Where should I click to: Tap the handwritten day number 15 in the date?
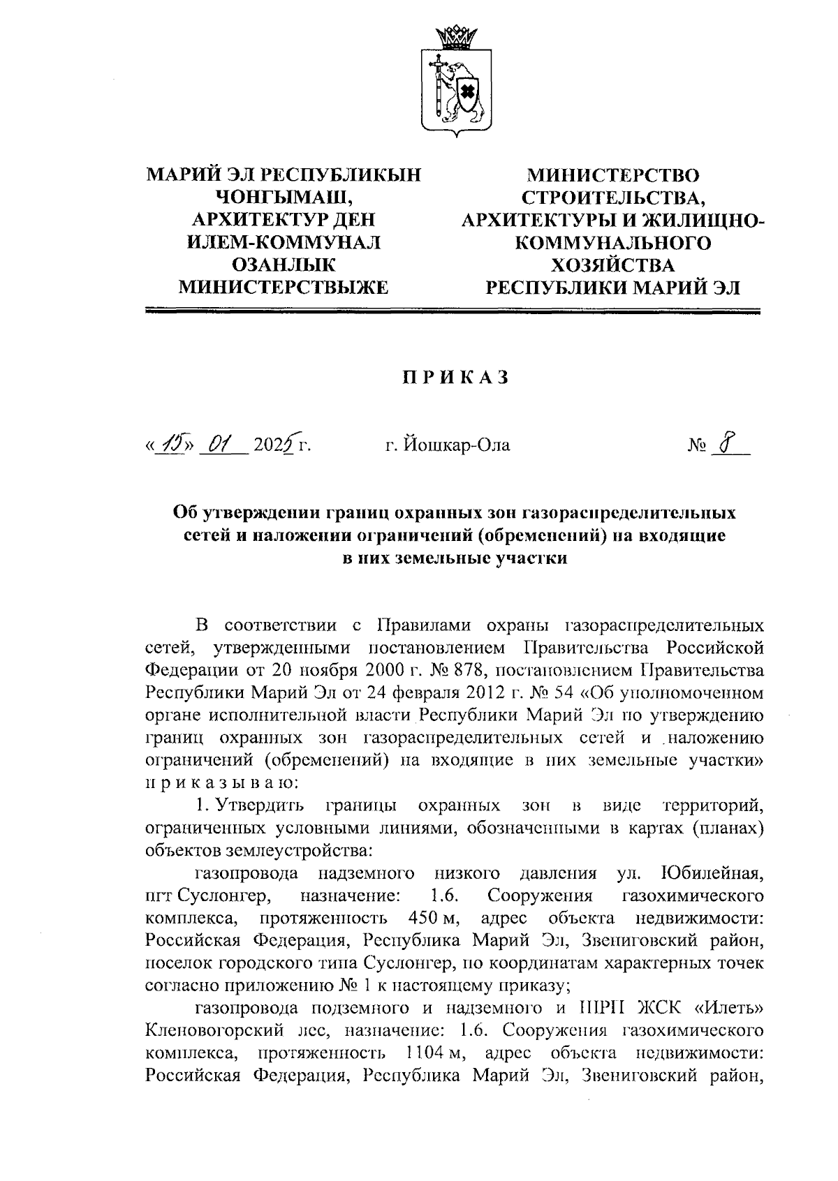coord(170,443)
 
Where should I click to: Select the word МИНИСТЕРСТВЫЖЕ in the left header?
coord(284,286)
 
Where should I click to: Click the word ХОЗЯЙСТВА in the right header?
coord(612,265)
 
